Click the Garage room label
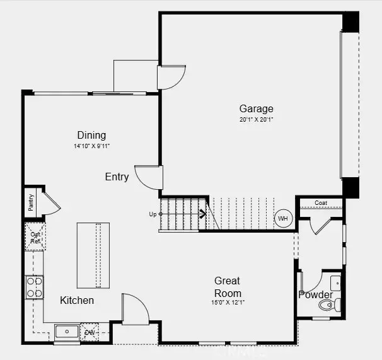(256, 108)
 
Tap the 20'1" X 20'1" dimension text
(256, 119)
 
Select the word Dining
(91, 135)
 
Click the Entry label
(117, 177)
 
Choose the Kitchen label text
(77, 300)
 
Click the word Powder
(315, 294)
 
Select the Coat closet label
(321, 203)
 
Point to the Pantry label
(30, 202)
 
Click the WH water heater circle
(283, 219)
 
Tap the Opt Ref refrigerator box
(35, 236)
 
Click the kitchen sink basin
(66, 332)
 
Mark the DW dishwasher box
(90, 332)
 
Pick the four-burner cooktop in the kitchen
(34, 287)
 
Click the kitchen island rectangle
(89, 255)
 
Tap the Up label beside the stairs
(152, 214)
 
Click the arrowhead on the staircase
(204, 214)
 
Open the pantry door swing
(50, 203)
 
